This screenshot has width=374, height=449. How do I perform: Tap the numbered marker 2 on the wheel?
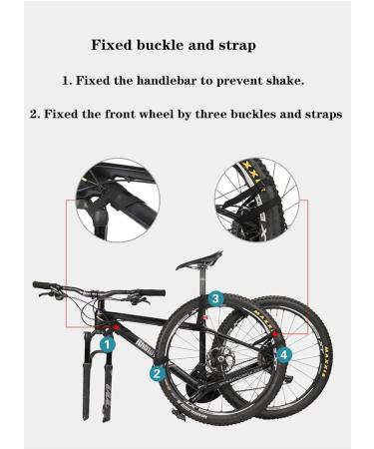point(157,374)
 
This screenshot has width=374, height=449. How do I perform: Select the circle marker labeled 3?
point(214,297)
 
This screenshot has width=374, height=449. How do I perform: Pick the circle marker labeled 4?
point(284,353)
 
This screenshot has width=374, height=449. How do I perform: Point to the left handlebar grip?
point(42,285)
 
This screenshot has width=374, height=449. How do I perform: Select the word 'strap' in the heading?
point(233,45)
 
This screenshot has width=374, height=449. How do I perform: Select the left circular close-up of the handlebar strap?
point(116,201)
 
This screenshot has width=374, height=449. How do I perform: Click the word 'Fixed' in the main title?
point(113,45)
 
